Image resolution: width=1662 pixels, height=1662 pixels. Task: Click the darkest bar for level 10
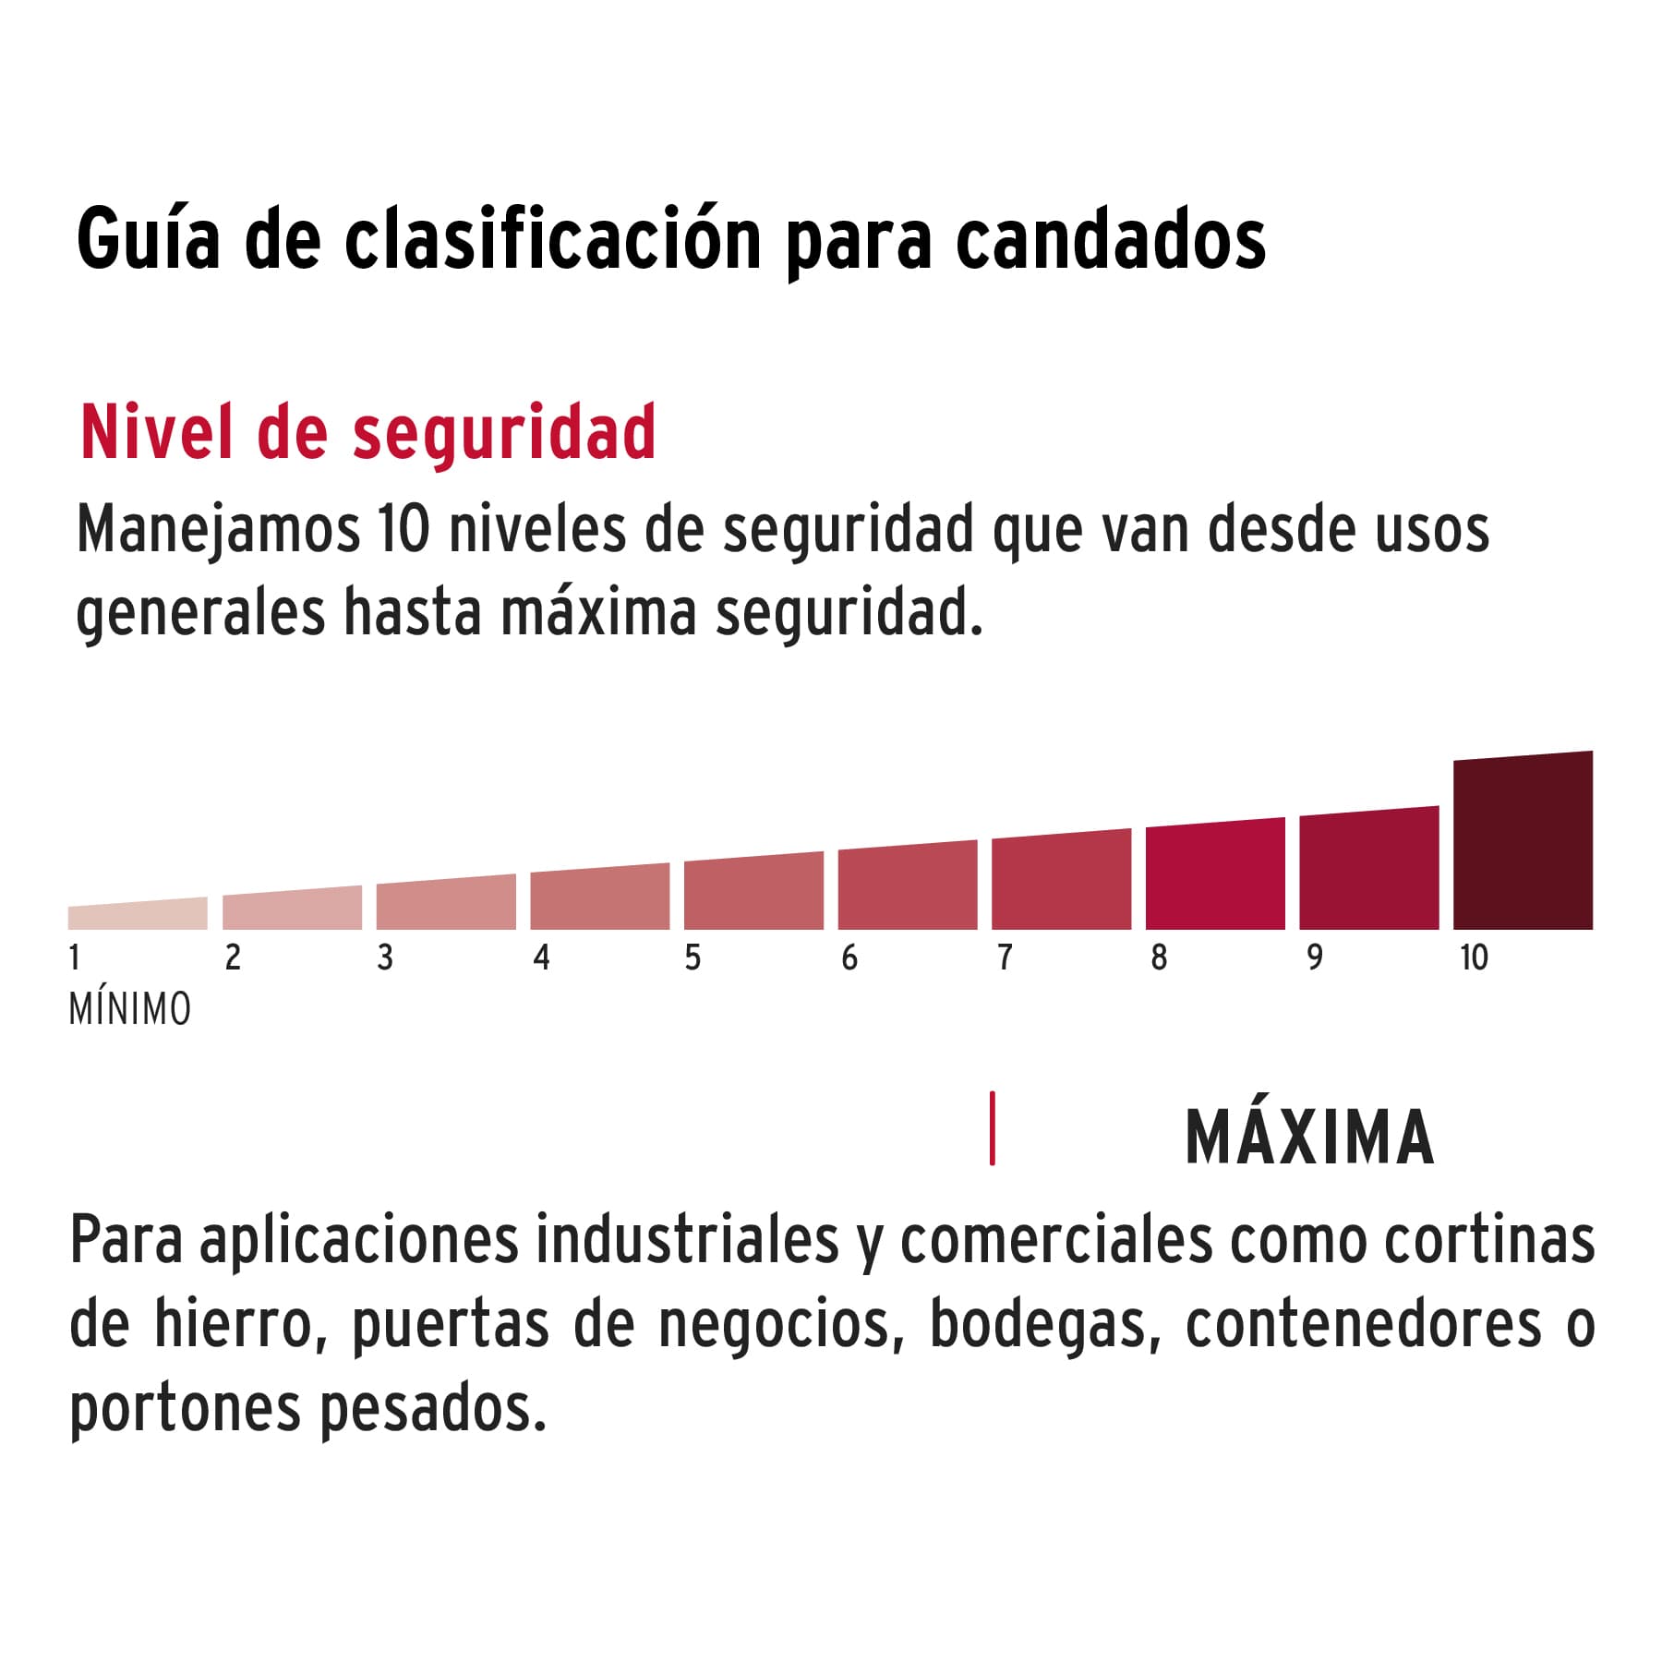1523,842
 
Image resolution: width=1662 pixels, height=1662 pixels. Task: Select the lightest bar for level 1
138,915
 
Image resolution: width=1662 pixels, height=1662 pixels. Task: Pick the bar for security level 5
753,892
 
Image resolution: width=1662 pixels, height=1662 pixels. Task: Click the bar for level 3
446,904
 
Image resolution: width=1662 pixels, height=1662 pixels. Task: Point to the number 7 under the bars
1005,957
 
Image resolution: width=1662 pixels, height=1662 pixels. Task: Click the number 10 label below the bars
1474,957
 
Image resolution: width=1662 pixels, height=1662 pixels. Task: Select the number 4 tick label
541,957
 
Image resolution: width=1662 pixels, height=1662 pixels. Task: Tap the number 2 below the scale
233,957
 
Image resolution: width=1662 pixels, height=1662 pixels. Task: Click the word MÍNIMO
130,1009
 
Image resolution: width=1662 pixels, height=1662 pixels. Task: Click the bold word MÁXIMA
1309,1138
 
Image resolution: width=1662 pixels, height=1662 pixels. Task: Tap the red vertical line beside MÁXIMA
992,1128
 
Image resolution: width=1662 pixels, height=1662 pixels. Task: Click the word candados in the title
1110,240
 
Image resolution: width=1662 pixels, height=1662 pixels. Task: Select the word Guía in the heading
149,240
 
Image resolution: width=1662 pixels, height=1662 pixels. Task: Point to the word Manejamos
218,531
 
